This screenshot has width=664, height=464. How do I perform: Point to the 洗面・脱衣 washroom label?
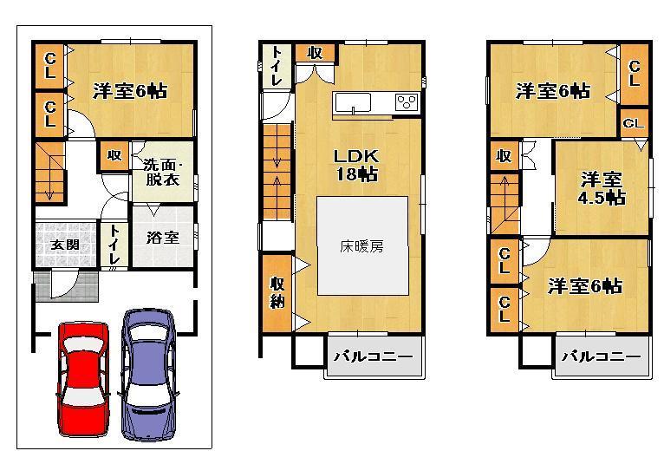tap(161, 173)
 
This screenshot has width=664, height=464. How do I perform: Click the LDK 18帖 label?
tap(355, 165)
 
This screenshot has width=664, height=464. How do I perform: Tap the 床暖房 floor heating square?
tap(361, 245)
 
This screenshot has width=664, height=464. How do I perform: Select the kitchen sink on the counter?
tap(355, 103)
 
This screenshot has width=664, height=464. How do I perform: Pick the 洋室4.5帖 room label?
tap(602, 188)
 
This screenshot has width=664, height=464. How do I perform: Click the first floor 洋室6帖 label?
tap(130, 90)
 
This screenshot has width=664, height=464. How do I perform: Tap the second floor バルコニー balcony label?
tap(368, 356)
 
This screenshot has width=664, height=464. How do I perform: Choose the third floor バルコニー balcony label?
tap(601, 356)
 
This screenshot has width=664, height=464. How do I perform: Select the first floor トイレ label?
tap(114, 245)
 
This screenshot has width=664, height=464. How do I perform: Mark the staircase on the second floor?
tap(278, 172)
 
